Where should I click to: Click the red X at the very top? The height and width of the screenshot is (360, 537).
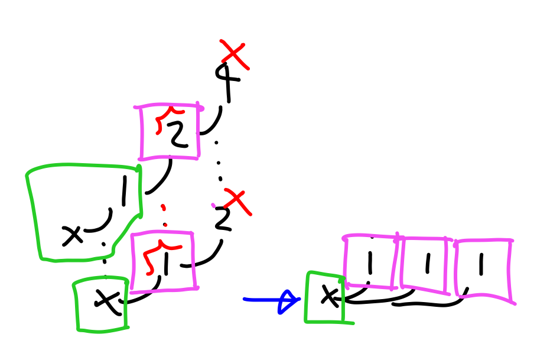coord(234,54)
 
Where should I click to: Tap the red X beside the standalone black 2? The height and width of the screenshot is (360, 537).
coord(237,202)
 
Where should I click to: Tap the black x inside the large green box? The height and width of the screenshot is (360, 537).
coord(73,236)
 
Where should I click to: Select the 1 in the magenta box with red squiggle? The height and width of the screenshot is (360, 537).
coord(167,264)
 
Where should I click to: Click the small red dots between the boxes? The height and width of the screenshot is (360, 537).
coord(165,216)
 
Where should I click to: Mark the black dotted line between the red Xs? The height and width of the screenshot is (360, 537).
coord(219,163)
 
